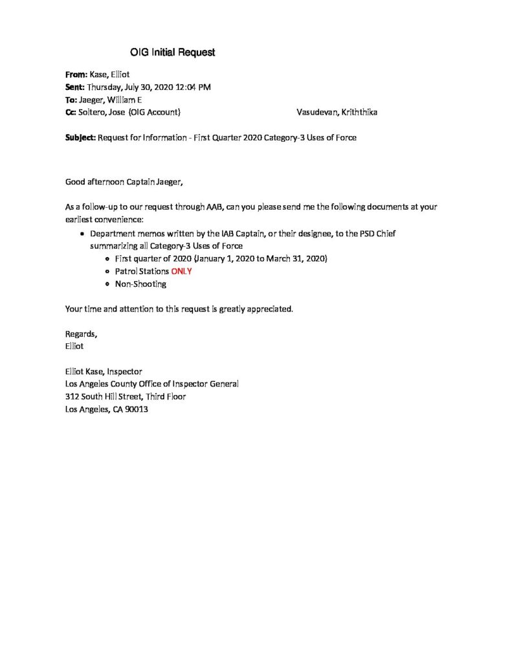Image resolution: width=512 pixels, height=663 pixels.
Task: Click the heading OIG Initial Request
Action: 172,52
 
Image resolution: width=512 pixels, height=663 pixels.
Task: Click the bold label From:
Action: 76,74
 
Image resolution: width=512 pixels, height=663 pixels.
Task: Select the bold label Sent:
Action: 75,87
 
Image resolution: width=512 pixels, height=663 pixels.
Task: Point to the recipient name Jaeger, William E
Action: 110,100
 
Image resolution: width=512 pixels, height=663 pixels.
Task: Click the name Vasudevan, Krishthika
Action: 337,112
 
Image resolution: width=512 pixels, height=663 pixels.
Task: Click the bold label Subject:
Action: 81,137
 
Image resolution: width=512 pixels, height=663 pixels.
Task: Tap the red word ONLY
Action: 181,271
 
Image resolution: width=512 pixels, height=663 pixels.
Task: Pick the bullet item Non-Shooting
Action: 140,284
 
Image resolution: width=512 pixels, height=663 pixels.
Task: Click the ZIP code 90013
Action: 137,409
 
